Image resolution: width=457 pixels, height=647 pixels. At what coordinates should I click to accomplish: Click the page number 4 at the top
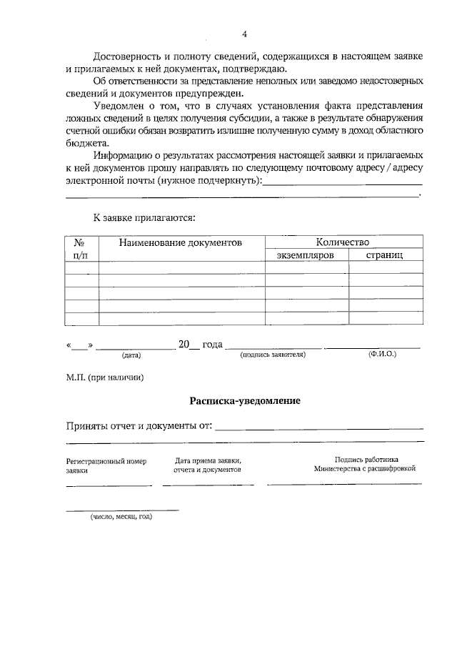[244, 34]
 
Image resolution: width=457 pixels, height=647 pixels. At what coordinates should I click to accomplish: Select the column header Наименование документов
[181, 243]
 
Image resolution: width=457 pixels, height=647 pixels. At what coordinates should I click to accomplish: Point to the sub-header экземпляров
[306, 255]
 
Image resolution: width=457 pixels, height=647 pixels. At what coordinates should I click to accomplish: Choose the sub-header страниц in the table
[384, 255]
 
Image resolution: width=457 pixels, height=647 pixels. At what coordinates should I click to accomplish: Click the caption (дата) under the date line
[131, 355]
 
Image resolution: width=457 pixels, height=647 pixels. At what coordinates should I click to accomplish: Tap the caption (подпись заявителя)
[273, 354]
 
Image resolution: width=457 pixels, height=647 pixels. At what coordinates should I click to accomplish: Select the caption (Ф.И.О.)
[382, 354]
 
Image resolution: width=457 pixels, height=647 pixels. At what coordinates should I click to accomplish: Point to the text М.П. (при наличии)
[105, 377]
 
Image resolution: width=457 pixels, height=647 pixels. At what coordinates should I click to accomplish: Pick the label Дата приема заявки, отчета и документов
[208, 465]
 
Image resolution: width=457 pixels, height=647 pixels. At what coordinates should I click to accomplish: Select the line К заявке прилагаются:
[144, 217]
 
